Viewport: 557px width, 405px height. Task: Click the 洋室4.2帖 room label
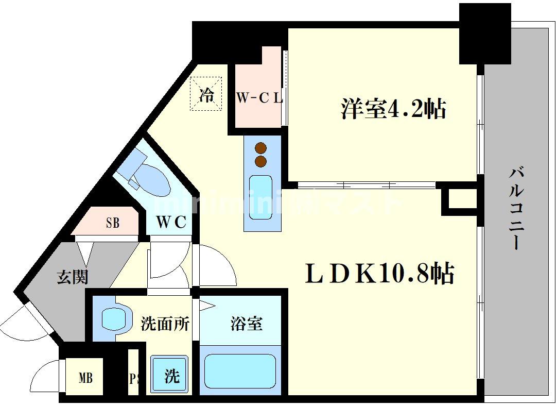393,109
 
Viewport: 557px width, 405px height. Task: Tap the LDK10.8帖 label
379,274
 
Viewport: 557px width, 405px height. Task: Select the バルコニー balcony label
516,208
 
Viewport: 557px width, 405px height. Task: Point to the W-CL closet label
259,98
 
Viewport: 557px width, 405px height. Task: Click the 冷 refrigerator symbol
206,94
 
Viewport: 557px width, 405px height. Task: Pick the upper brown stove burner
261,148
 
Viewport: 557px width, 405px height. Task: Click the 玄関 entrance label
72,277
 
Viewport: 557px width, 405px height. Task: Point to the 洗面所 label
165,324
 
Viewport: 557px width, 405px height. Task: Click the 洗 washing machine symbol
171,376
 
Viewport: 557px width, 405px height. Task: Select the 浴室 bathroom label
246,324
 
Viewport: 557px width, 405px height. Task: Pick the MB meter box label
85,379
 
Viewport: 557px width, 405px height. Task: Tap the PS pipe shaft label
134,379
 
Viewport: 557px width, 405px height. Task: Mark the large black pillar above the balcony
484,33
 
